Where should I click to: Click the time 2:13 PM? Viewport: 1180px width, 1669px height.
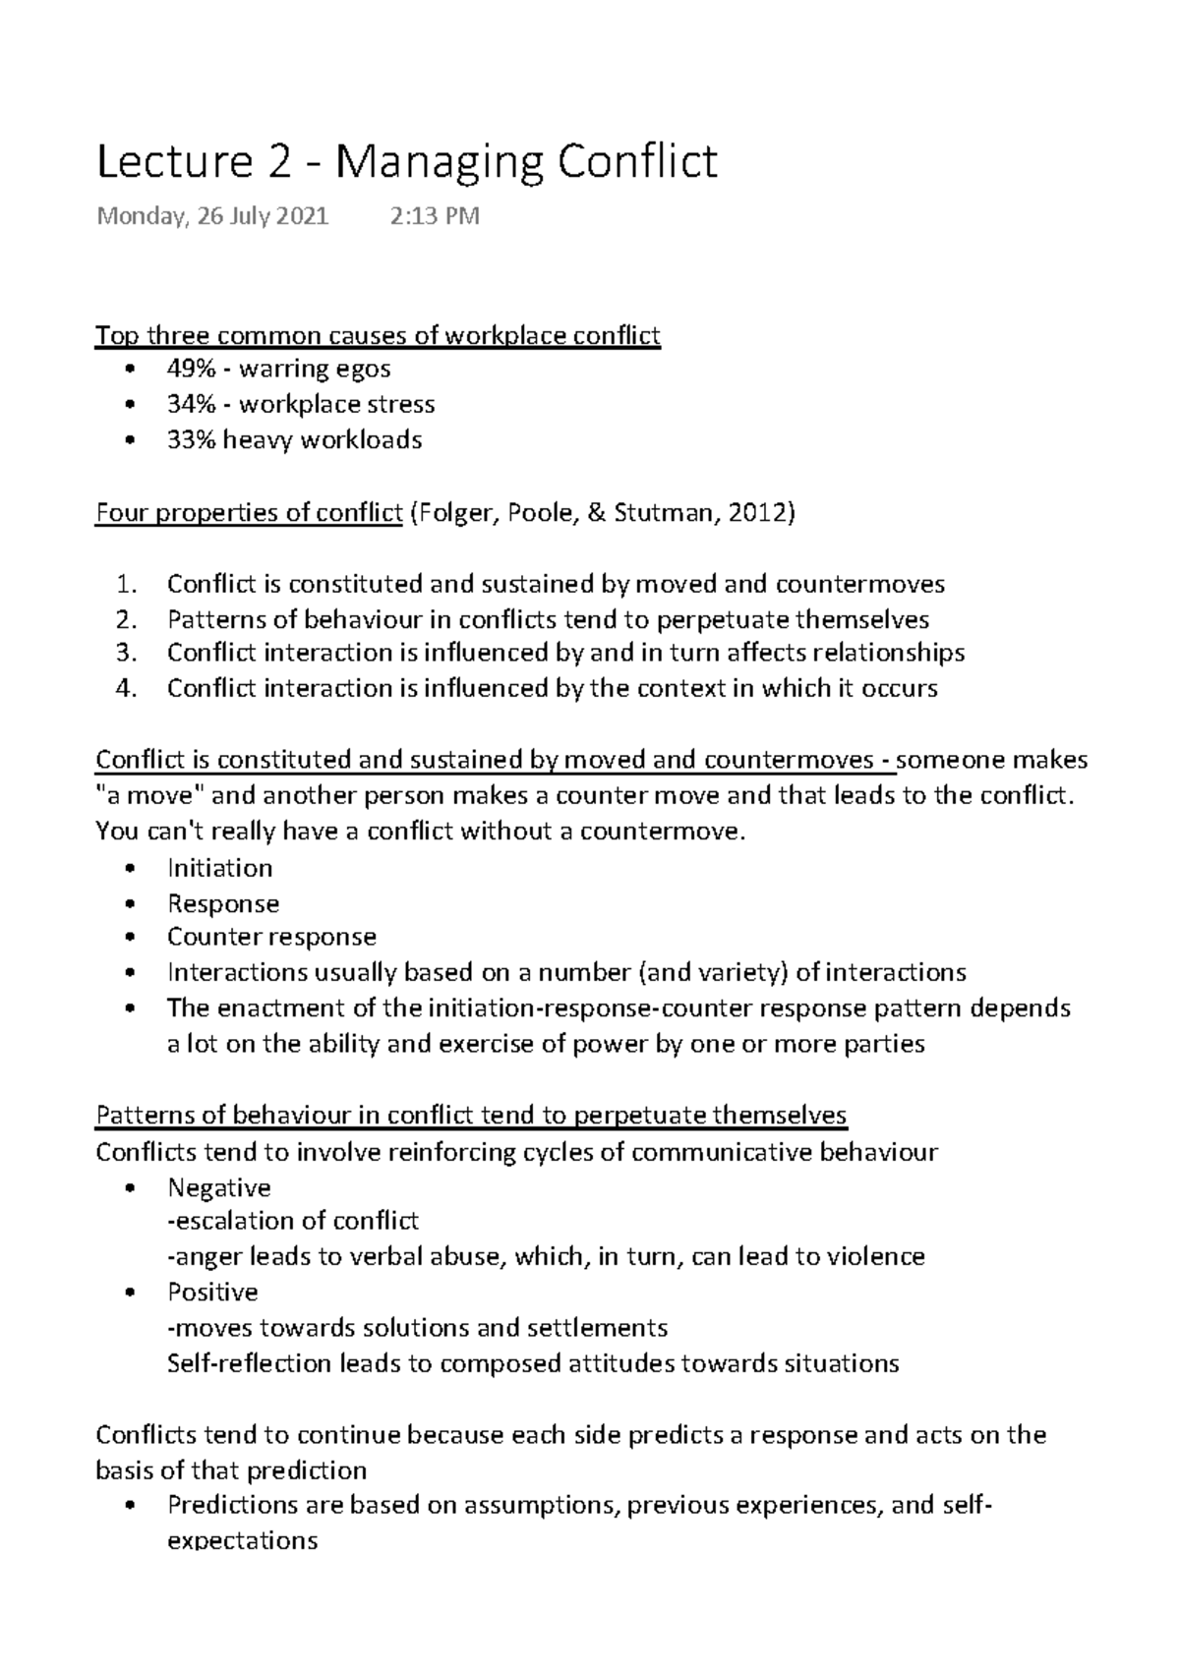(435, 215)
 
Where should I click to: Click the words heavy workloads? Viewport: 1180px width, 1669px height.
(323, 439)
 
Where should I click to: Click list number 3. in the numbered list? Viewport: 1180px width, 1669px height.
(124, 653)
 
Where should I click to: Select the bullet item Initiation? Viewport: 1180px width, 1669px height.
(219, 868)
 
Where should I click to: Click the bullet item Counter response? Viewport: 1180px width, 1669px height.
(271, 937)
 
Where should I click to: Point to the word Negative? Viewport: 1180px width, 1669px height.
(218, 1187)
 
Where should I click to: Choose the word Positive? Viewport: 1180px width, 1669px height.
(212, 1292)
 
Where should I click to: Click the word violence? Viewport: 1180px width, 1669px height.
(875, 1256)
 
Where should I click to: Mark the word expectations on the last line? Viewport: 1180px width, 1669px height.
(242, 1540)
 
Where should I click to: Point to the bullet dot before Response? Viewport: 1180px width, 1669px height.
(131, 904)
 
